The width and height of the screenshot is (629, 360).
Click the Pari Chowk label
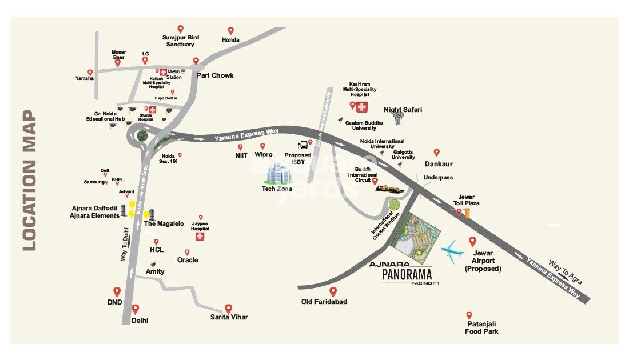click(x=215, y=75)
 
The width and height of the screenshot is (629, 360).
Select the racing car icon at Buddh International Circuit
click(x=392, y=187)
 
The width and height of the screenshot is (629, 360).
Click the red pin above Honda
click(x=230, y=30)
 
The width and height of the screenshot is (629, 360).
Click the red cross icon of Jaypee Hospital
click(x=200, y=237)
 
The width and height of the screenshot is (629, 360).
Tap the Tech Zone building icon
click(x=277, y=173)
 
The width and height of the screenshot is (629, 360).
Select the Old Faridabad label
click(x=324, y=302)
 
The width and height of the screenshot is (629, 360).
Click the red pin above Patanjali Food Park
click(x=469, y=315)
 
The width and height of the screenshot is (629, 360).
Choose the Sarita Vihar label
click(x=229, y=317)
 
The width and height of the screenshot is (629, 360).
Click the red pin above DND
click(x=117, y=291)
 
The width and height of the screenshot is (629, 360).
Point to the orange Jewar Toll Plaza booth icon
click(x=467, y=213)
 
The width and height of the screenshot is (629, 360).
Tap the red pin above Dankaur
click(x=437, y=153)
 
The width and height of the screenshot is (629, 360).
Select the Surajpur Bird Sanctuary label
click(x=180, y=41)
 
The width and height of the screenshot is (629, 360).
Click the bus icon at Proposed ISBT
click(x=302, y=145)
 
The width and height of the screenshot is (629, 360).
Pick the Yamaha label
click(x=85, y=78)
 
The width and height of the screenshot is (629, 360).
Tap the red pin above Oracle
click(x=186, y=252)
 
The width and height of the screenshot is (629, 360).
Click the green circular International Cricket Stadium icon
click(x=394, y=205)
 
